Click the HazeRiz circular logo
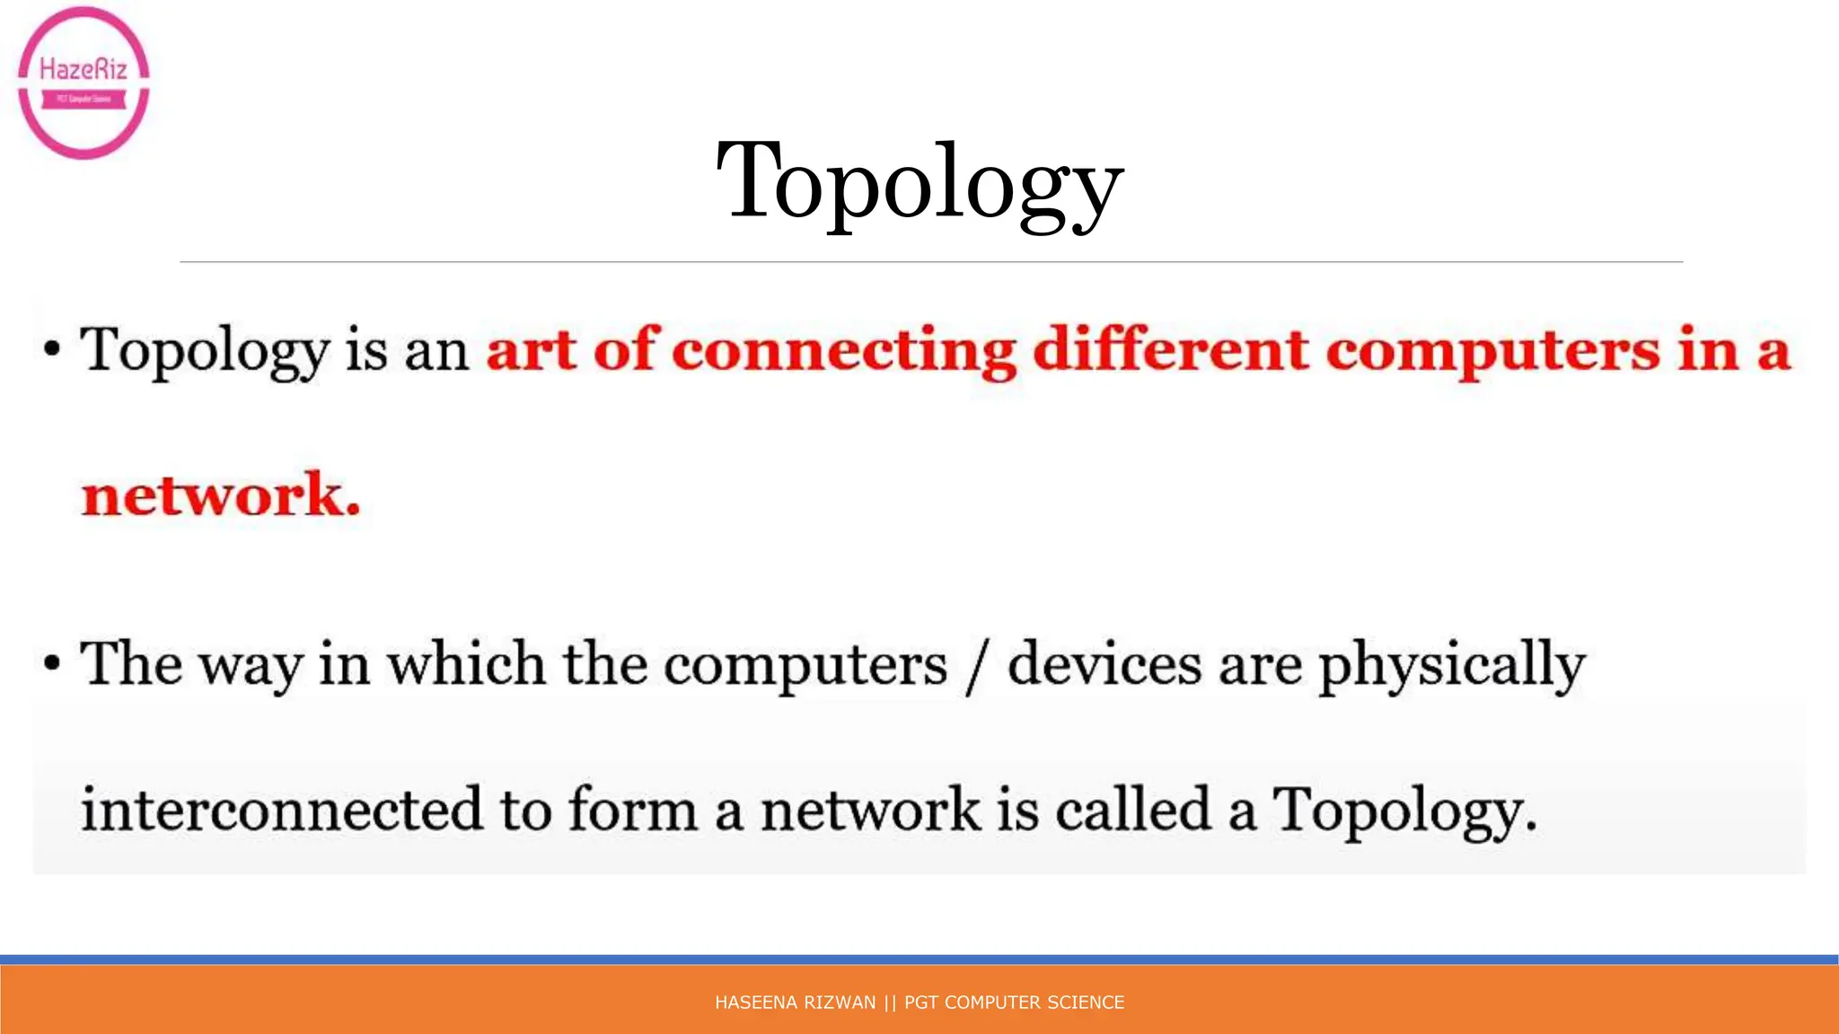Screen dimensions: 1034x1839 84,83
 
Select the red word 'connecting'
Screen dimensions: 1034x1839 843,350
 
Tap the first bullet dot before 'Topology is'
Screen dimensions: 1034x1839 52,349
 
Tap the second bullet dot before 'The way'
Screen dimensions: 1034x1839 52,664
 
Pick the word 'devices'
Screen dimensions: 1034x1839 1104,664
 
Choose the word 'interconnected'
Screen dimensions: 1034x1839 282,809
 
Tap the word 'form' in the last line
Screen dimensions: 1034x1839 633,809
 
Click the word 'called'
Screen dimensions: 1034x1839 1133,809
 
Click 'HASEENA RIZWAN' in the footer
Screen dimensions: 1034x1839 795,1003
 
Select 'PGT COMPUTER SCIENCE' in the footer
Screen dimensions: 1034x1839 1014,1003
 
